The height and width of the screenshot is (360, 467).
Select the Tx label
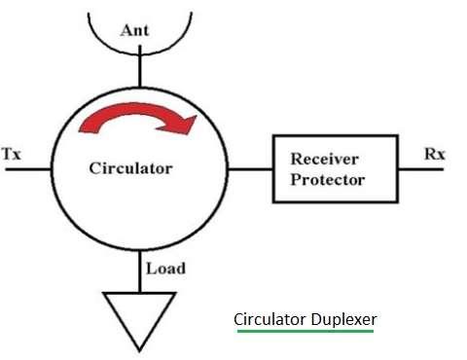(x=12, y=154)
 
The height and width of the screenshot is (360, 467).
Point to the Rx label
(x=436, y=153)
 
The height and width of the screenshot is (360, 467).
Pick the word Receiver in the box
(x=334, y=159)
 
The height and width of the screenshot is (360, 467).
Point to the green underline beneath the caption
(x=305, y=332)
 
